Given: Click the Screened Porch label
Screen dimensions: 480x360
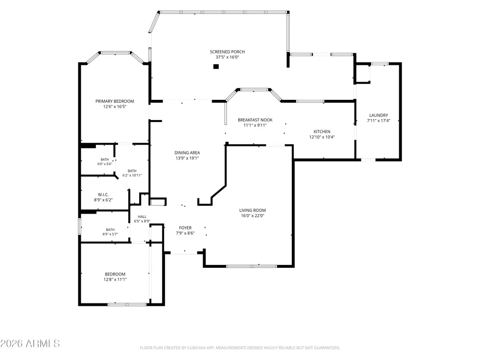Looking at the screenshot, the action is [x=227, y=52].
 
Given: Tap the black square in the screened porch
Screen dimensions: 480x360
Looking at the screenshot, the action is [x=216, y=66].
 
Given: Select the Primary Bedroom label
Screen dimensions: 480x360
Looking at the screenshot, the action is [x=115, y=101].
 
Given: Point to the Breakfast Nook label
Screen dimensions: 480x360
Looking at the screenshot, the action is [x=255, y=120].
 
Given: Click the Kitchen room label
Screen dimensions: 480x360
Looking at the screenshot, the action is [x=322, y=132].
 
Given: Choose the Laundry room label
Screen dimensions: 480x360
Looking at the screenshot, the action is [x=378, y=115].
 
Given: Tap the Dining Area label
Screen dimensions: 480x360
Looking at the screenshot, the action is [x=187, y=153].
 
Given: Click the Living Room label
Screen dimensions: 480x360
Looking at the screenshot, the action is [x=252, y=210].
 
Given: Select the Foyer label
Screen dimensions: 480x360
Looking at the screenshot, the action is [x=185, y=228].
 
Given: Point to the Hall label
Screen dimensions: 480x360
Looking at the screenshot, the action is [x=142, y=217].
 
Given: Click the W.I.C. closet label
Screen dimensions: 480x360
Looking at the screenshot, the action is [x=103, y=195].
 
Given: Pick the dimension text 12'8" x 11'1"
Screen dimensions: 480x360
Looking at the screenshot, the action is [x=115, y=279].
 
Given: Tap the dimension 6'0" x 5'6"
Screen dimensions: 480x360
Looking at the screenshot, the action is [x=105, y=164].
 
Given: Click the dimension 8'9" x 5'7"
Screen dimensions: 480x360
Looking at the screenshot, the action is [x=110, y=234].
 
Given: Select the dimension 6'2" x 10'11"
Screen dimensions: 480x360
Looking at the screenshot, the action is [x=132, y=175].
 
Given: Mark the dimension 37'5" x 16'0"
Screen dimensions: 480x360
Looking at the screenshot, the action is [x=227, y=57].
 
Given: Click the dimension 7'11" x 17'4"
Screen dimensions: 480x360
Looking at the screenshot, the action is [x=378, y=120].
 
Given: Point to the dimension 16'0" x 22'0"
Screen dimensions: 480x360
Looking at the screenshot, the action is [x=252, y=216].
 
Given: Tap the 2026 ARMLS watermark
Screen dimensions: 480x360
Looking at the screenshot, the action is [x=30, y=344].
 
